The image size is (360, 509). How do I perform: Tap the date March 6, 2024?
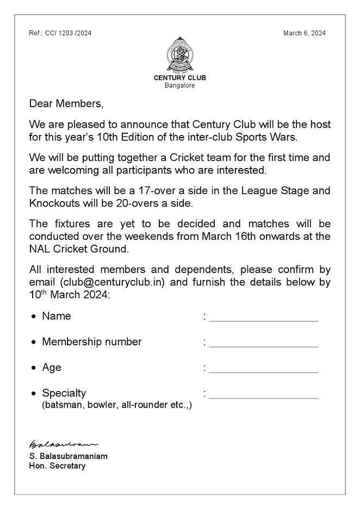coord(305,33)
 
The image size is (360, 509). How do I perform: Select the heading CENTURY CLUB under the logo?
coord(180,78)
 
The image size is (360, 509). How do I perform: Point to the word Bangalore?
coord(180,85)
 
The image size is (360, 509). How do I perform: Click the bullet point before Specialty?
coord(35,394)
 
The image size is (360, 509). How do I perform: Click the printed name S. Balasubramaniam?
coord(68,456)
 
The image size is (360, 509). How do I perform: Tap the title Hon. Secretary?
coord(57,466)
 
